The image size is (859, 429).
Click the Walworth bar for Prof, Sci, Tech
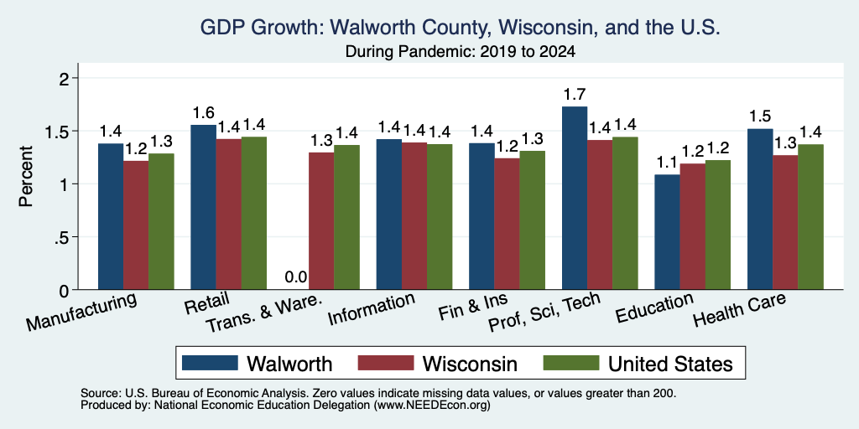point(574,198)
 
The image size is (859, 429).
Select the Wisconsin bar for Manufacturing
point(136,225)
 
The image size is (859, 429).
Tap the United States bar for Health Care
point(811,217)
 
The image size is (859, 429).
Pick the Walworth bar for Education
point(667,232)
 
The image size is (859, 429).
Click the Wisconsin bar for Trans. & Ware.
point(321,221)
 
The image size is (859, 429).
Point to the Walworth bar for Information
point(389,214)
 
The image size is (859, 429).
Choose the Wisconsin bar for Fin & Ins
point(508,224)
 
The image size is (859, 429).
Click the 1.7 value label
point(574,95)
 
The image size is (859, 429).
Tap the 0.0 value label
point(296,277)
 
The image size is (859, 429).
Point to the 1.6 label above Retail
point(203,113)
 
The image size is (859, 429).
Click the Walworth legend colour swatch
point(211,363)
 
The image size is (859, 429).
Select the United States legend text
point(670,364)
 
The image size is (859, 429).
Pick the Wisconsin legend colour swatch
point(386,363)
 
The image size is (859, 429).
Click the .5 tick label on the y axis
point(63,237)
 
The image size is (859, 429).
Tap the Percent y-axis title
point(26,176)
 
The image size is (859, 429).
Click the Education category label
point(654,308)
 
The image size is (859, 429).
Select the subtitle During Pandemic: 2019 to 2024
point(461,52)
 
